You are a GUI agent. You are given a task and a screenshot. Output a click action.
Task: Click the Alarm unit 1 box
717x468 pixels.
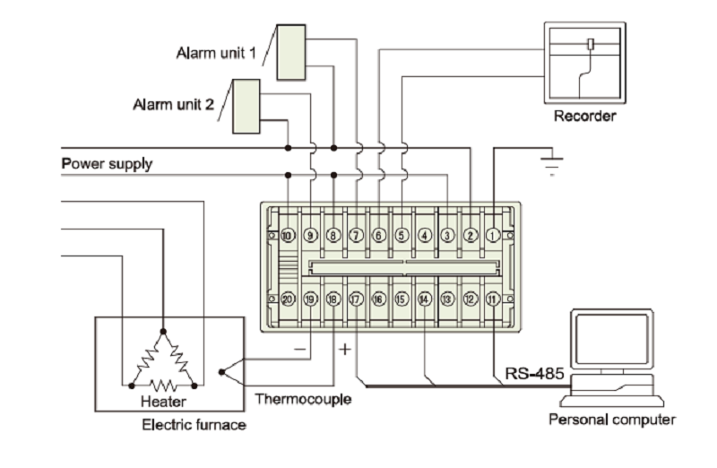point(290,52)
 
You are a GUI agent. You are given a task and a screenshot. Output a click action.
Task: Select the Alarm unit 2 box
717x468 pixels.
point(246,105)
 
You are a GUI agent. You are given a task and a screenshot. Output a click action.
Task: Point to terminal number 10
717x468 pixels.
point(287,235)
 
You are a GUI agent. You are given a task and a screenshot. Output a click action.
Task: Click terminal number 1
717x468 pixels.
point(493,235)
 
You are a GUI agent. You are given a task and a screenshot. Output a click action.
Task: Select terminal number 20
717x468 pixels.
point(287,300)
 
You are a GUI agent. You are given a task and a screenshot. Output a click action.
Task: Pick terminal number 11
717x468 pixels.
point(493,300)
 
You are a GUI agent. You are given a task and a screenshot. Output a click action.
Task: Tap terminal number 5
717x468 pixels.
point(402,235)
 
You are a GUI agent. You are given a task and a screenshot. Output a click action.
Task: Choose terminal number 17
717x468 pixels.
point(356,300)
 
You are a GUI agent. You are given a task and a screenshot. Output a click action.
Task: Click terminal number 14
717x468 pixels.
point(424,300)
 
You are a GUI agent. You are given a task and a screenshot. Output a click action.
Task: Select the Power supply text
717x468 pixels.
point(107,164)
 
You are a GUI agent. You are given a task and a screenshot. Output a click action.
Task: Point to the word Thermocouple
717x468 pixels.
point(303,399)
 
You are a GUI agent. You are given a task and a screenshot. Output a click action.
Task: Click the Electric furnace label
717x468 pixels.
point(194,425)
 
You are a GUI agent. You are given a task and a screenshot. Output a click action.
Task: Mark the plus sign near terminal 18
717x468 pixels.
point(344,349)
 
